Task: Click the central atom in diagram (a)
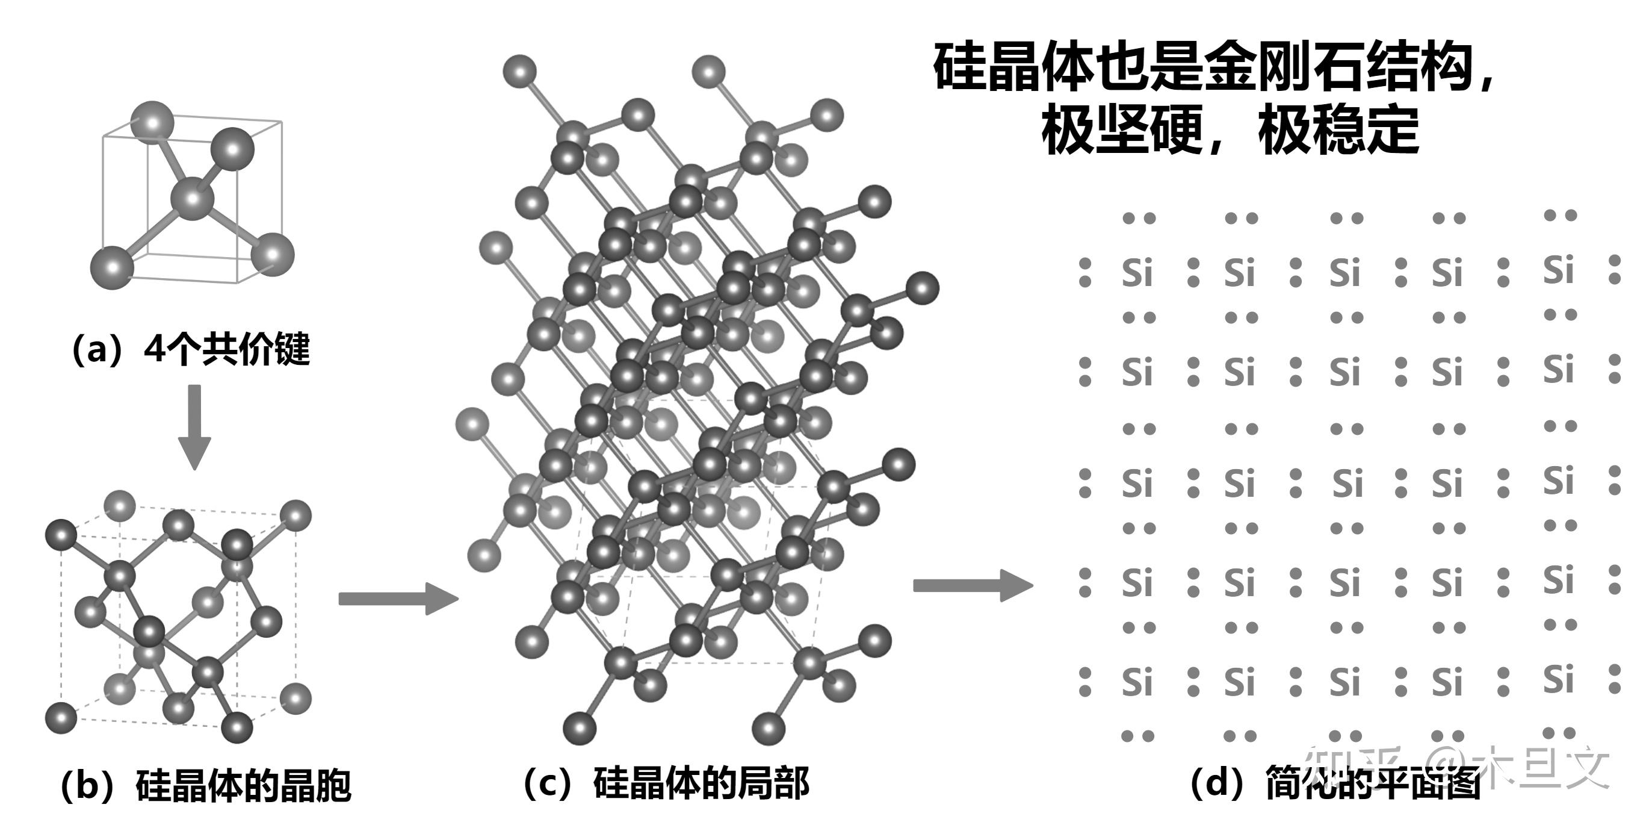[x=193, y=199]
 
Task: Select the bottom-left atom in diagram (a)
[x=112, y=266]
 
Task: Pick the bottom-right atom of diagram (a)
[x=273, y=255]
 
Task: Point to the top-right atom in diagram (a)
[x=232, y=149]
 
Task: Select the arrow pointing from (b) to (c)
[x=398, y=599]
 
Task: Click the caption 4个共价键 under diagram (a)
[x=227, y=350]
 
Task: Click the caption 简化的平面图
[x=1372, y=784]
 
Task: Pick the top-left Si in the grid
[x=1137, y=273]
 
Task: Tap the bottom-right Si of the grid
[x=1558, y=679]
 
